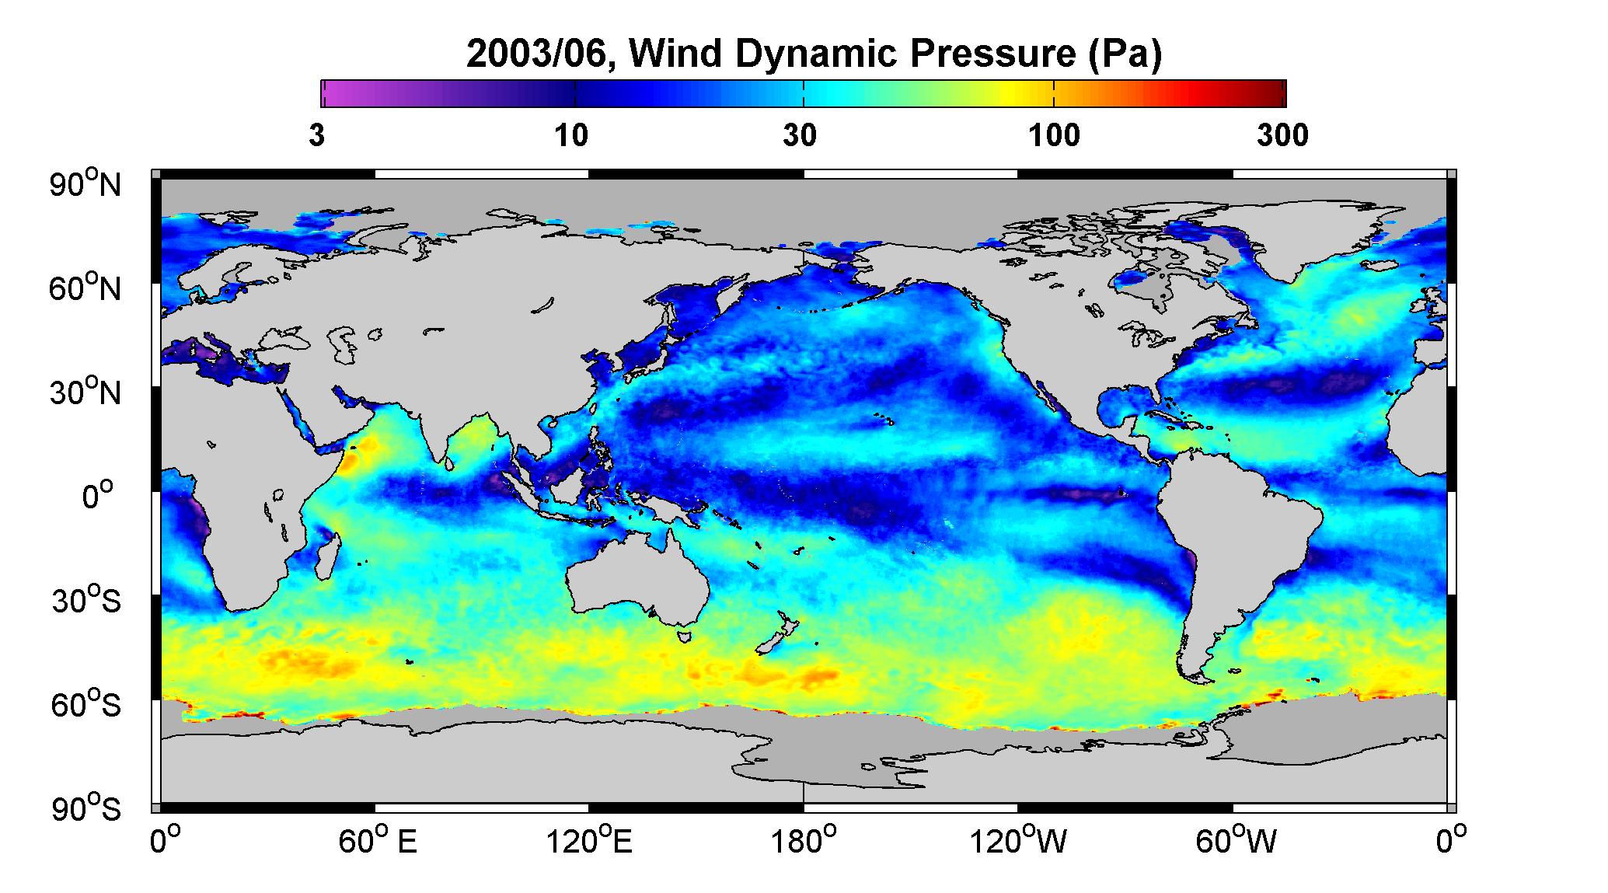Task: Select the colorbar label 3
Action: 316,136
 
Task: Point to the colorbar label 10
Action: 571,136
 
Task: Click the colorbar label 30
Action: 801,136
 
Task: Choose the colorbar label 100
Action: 1054,136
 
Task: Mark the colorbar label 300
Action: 1282,136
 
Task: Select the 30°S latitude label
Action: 86,600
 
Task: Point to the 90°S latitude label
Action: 86,808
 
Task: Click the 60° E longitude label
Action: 377,842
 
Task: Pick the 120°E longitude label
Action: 589,842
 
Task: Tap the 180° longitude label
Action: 802,842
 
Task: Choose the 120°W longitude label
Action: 1019,842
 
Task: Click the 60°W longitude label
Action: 1235,842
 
